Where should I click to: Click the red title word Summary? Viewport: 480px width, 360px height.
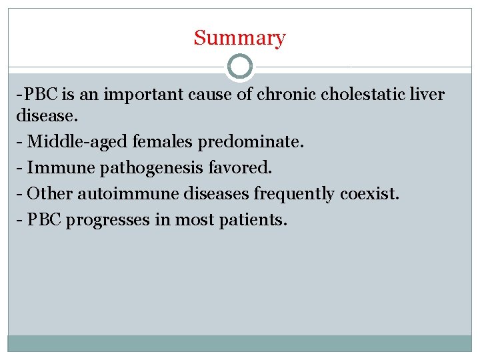239,38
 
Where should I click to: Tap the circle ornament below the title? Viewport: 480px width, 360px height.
240,67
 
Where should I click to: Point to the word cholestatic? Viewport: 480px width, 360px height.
363,95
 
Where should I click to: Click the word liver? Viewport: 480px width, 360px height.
427,95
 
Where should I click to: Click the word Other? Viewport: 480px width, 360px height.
51,194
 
